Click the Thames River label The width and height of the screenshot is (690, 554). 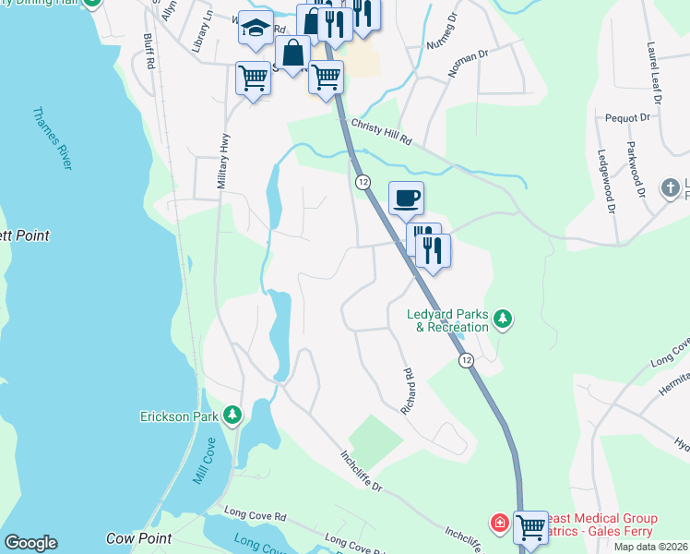click(x=52, y=139)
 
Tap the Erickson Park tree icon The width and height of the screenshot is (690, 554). click(x=232, y=416)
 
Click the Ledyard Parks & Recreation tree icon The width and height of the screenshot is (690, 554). click(x=502, y=319)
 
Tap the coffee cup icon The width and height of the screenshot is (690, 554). click(x=406, y=197)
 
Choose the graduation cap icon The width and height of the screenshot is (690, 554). click(x=255, y=30)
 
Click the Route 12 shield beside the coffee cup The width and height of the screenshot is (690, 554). click(x=363, y=182)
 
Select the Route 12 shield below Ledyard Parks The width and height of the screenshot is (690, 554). click(x=467, y=360)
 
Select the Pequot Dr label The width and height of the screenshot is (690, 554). click(x=629, y=118)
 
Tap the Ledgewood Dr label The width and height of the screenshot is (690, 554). click(x=605, y=182)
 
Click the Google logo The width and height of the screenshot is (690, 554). click(x=30, y=543)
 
